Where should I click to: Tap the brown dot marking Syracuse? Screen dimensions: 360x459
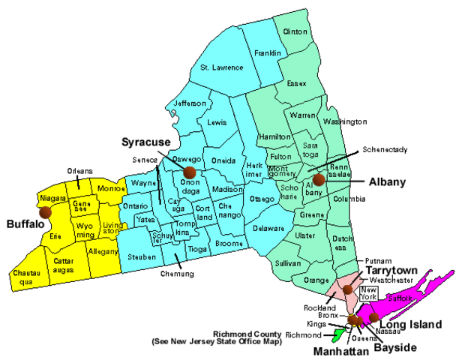tap(187, 172)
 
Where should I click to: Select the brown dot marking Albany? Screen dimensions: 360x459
tap(319, 180)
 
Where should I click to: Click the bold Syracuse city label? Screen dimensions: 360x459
tap(145, 142)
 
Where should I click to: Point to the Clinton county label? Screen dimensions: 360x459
tap(295, 32)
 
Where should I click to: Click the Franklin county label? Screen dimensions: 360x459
tap(267, 53)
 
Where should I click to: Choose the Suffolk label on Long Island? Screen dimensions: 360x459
tap(401, 298)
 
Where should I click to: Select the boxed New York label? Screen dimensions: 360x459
tap(368, 292)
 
